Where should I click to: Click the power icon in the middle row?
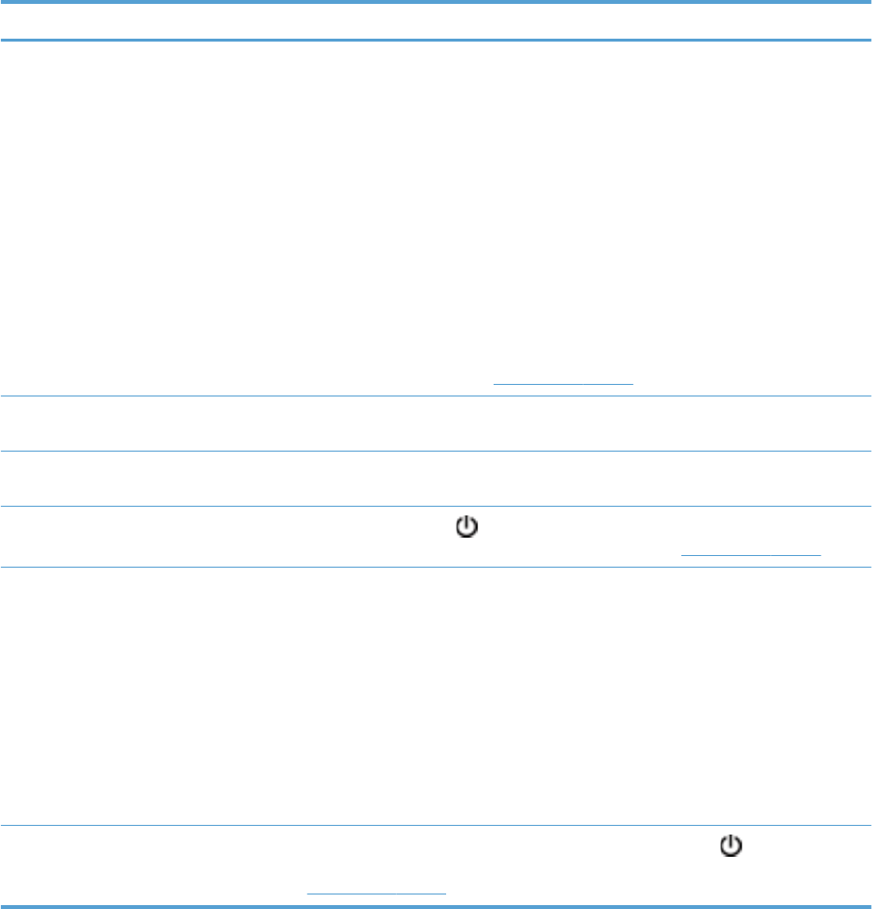pyautogui.click(x=466, y=527)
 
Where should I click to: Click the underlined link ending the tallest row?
pyautogui.click(x=562, y=383)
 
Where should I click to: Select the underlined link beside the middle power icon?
pyautogui.click(x=751, y=554)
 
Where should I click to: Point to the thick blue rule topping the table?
pyautogui.click(x=436, y=3)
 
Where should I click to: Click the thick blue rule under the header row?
pyautogui.click(x=436, y=40)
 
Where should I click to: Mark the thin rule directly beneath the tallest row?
pyautogui.click(x=436, y=396)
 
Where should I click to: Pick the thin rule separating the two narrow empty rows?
pyautogui.click(x=436, y=451)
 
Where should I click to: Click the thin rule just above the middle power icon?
pyautogui.click(x=436, y=507)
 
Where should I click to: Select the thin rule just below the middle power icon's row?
pyautogui.click(x=436, y=568)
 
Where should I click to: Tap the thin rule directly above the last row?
pyautogui.click(x=436, y=825)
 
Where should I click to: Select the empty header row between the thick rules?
pyautogui.click(x=436, y=21)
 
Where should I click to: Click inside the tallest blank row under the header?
pyautogui.click(x=436, y=213)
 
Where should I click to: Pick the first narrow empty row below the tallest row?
pyautogui.click(x=436, y=424)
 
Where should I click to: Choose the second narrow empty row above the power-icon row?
pyautogui.click(x=436, y=479)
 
